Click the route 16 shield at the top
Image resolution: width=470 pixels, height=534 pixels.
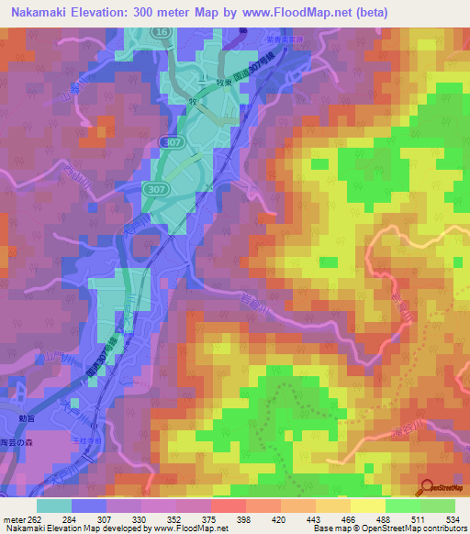tap(162, 32)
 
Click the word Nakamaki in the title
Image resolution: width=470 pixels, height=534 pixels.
tap(42, 13)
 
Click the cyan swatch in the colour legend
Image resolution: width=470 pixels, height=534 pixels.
tap(54, 506)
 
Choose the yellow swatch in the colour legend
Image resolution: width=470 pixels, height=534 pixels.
tap(368, 506)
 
